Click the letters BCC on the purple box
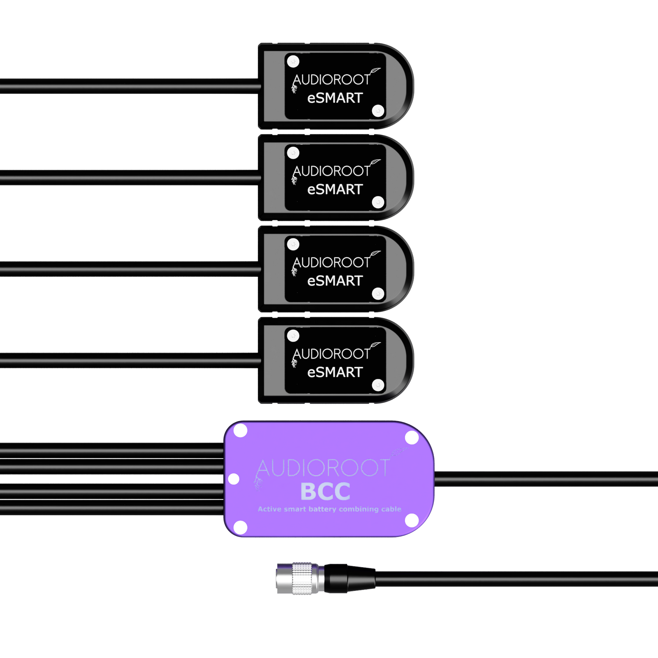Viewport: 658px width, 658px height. tap(325, 491)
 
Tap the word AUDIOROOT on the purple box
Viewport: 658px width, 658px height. tap(323, 468)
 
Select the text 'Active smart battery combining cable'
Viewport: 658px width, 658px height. tap(329, 509)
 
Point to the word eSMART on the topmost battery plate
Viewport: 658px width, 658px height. tap(335, 98)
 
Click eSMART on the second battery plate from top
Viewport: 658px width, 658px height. tap(335, 190)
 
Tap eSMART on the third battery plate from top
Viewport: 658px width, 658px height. tap(335, 281)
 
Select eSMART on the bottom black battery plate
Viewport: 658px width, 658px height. tap(335, 372)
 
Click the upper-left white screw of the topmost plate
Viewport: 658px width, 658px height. tap(293, 62)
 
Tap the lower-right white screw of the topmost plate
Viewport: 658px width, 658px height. tap(378, 111)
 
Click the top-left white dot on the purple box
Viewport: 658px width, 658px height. tap(240, 431)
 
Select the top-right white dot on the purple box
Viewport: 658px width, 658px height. tap(412, 438)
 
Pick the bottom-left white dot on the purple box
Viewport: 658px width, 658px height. tap(240, 527)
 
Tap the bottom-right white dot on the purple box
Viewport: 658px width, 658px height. tap(412, 520)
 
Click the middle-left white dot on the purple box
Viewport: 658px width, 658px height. tap(234, 479)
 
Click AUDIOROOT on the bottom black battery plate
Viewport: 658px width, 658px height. tap(331, 354)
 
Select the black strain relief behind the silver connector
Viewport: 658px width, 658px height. tap(350, 579)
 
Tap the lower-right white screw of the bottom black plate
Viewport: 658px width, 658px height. tap(378, 385)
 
